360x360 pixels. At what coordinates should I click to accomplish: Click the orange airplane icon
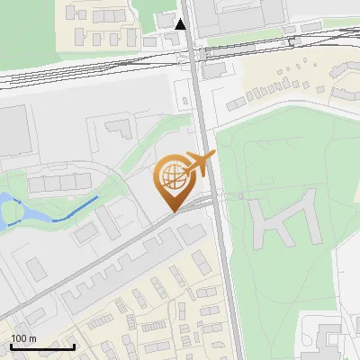[197, 164]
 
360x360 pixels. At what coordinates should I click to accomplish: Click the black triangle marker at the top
[181, 24]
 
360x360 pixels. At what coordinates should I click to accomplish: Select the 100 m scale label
[22, 338]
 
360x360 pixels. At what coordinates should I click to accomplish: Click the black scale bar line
[41, 346]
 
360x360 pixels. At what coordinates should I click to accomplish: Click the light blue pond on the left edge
[11, 209]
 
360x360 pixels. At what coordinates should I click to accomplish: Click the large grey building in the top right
[238, 16]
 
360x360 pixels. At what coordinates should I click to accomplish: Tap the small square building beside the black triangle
[165, 20]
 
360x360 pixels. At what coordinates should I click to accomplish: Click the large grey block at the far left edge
[13, 130]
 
